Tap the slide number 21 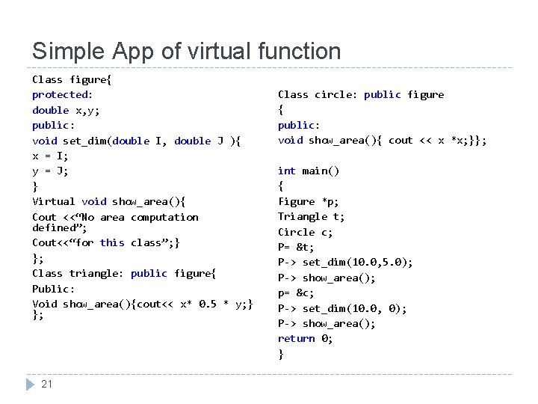click(x=46, y=385)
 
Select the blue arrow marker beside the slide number click(x=30, y=385)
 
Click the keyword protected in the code click(x=60, y=94)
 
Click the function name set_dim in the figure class click(x=84, y=141)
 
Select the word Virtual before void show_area click(x=54, y=201)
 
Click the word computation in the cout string click(x=164, y=217)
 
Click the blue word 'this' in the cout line click(x=112, y=242)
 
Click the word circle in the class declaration click(x=333, y=94)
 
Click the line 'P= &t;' click(x=296, y=247)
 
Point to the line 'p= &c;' click(x=296, y=293)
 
